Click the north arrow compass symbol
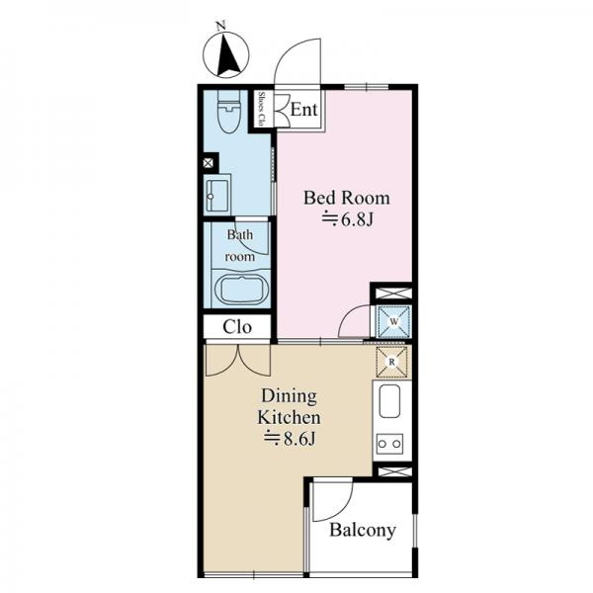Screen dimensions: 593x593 tap(226, 54)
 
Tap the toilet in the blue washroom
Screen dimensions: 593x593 tap(229, 112)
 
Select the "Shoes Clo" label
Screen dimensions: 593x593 tap(261, 109)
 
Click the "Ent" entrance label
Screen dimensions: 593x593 tap(303, 110)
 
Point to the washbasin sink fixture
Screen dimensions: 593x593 tap(217, 195)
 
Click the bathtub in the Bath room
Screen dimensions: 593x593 tap(241, 290)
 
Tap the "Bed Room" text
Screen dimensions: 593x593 tap(347, 198)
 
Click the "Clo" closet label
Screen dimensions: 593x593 tap(237, 327)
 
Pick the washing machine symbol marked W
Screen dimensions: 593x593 tap(394, 321)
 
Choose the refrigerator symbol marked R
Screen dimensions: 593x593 tap(391, 362)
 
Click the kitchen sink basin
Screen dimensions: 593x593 tap(389, 401)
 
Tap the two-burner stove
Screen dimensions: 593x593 tap(389, 444)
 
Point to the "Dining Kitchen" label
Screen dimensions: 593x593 tap(289, 406)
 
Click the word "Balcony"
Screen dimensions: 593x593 tap(363, 530)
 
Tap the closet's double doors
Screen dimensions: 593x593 tap(238, 360)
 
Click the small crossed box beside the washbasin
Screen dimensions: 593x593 tap(209, 163)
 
